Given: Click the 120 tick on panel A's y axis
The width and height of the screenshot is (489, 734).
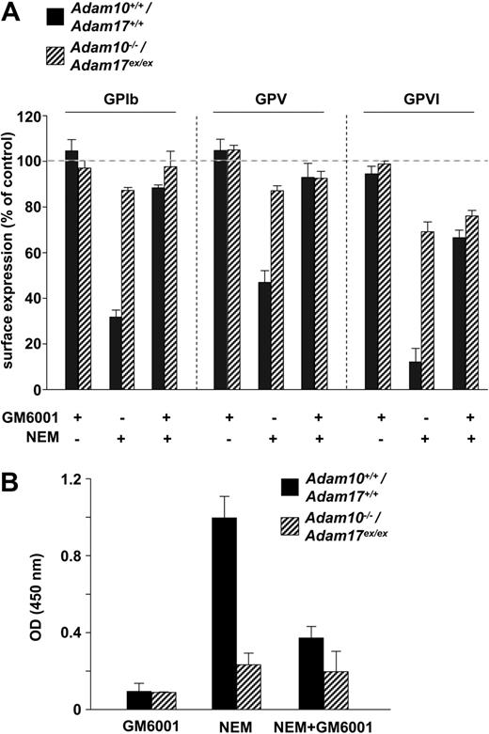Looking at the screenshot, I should point(34,117).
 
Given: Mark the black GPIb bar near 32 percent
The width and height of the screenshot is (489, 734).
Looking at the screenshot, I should point(116,352).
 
